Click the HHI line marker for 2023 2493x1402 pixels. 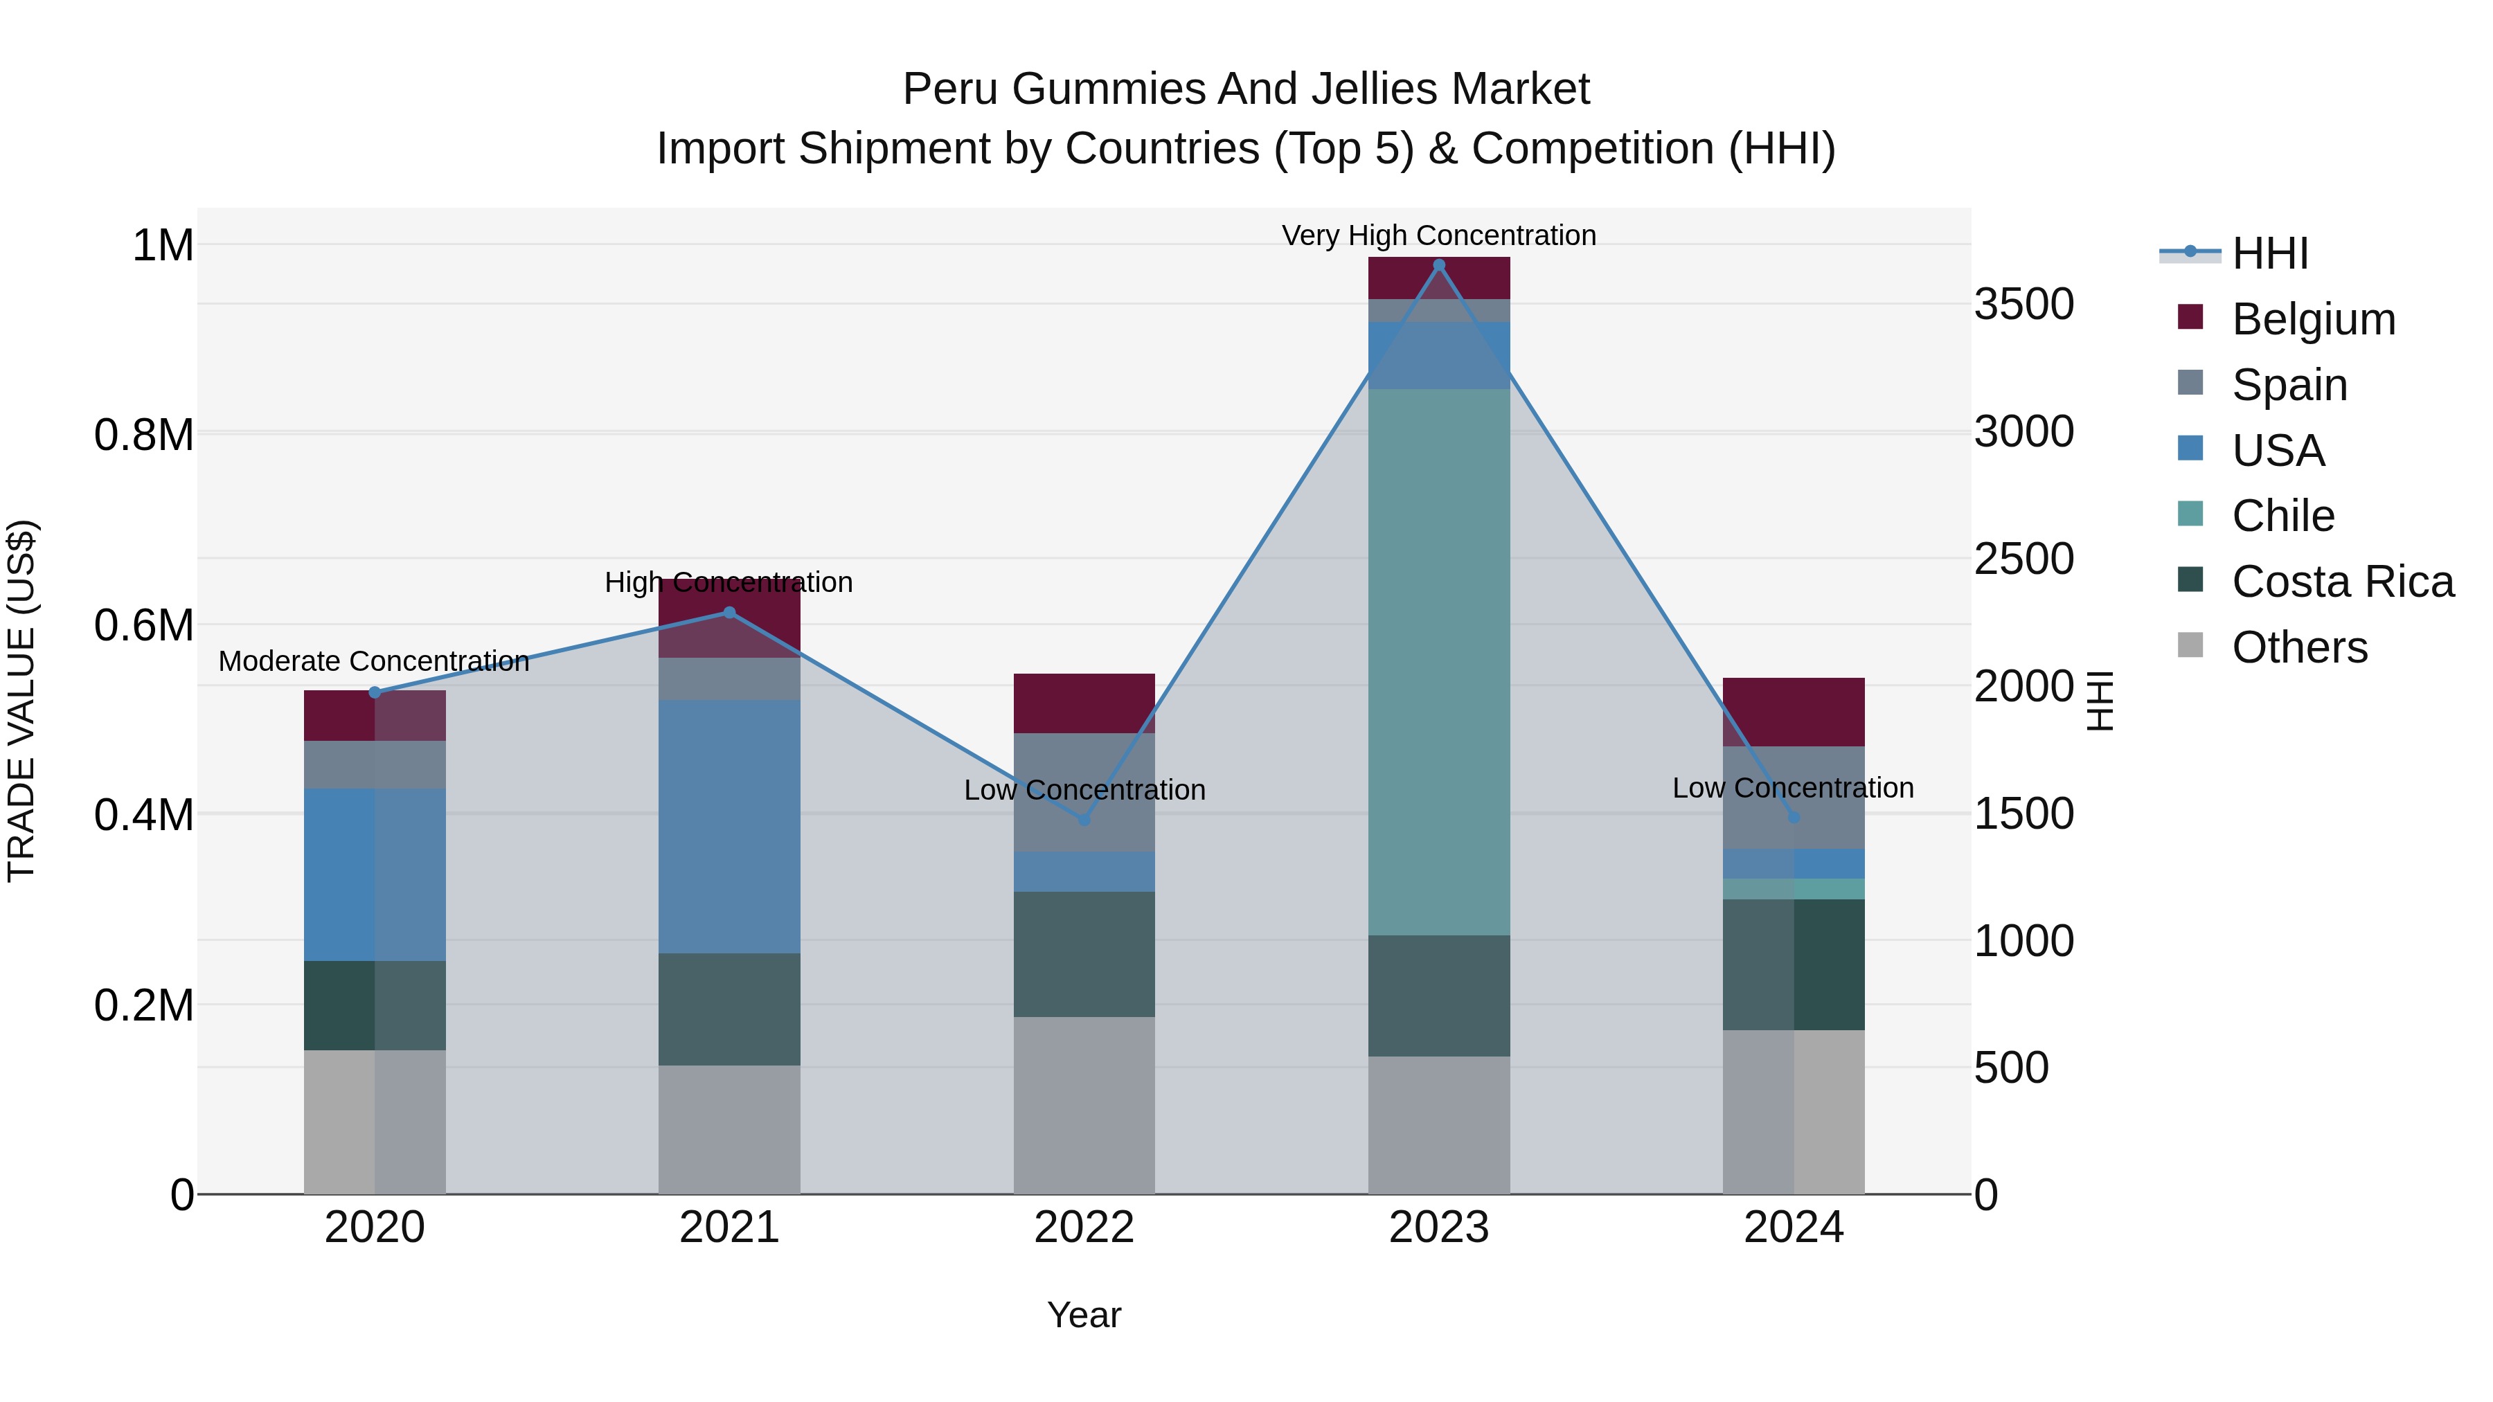tap(1438, 265)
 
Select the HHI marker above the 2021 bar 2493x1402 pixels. tap(730, 613)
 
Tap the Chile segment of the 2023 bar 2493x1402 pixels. tap(1438, 662)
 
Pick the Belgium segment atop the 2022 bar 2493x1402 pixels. tap(1084, 703)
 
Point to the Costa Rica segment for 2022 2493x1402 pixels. tap(1084, 954)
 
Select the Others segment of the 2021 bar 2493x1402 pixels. tap(730, 1129)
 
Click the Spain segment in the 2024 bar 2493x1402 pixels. tap(1794, 798)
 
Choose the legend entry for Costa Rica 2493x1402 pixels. tap(2342, 582)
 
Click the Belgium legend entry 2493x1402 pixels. tap(2313, 319)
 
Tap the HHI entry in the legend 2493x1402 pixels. tap(2269, 253)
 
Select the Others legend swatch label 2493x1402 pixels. tap(2299, 647)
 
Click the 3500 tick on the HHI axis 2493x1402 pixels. tap(2023, 304)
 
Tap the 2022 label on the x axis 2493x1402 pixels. tap(1084, 1228)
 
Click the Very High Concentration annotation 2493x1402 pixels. tap(1438, 235)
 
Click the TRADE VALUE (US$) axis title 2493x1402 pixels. tap(21, 701)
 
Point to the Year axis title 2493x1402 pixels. tap(1084, 1315)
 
